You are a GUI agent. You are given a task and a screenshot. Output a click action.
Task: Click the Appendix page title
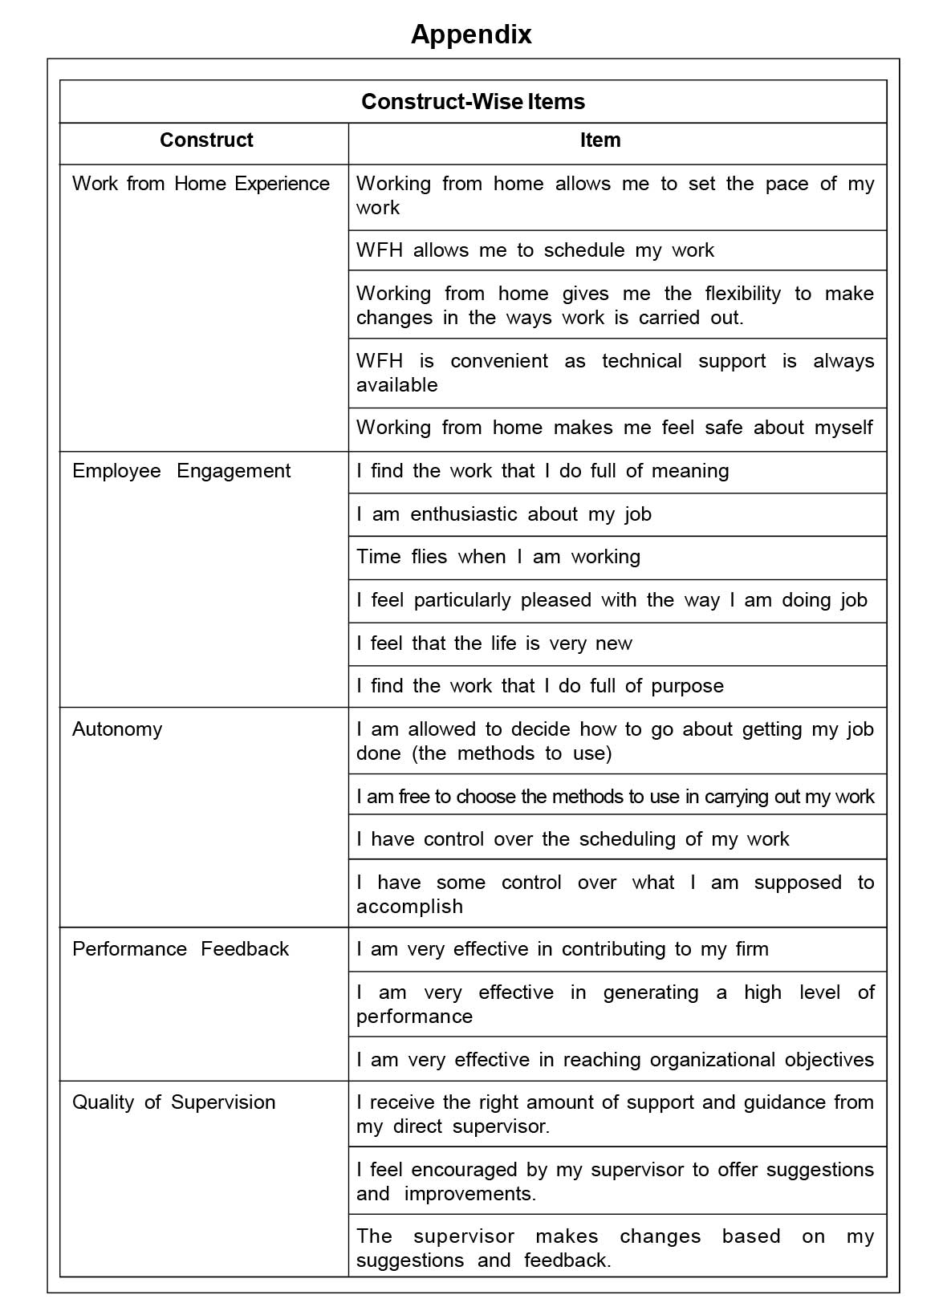click(471, 34)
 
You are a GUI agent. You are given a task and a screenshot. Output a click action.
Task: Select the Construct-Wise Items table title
click(473, 102)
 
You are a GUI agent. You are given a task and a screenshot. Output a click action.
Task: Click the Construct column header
click(206, 140)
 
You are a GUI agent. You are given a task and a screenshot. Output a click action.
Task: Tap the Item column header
click(600, 140)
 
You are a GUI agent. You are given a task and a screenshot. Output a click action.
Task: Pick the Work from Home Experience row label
click(201, 184)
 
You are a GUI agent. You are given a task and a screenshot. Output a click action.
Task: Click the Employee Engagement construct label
click(181, 471)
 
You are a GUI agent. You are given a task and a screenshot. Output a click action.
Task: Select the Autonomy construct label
click(117, 729)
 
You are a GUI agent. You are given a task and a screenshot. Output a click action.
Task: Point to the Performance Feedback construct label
click(181, 949)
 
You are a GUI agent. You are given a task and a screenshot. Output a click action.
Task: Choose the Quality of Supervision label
click(173, 1102)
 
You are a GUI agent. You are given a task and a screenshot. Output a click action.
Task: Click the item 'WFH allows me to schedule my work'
click(535, 250)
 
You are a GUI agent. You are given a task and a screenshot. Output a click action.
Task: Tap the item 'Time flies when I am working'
click(498, 557)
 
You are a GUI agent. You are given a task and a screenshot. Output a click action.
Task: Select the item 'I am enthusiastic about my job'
click(504, 514)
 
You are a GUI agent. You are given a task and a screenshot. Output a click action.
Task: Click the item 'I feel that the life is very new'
click(494, 643)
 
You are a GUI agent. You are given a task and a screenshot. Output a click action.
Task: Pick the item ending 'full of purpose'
click(540, 686)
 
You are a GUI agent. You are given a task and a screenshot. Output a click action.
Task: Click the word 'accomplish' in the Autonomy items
click(409, 907)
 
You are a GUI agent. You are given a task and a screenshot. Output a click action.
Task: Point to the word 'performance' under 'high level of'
click(414, 1017)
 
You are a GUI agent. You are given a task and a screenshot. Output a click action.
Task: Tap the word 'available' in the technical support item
click(396, 385)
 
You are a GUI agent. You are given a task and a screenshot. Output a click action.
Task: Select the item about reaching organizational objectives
click(615, 1060)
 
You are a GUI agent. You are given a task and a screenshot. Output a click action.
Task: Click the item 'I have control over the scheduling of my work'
click(573, 839)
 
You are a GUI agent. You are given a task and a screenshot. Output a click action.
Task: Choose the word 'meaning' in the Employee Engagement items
click(690, 471)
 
